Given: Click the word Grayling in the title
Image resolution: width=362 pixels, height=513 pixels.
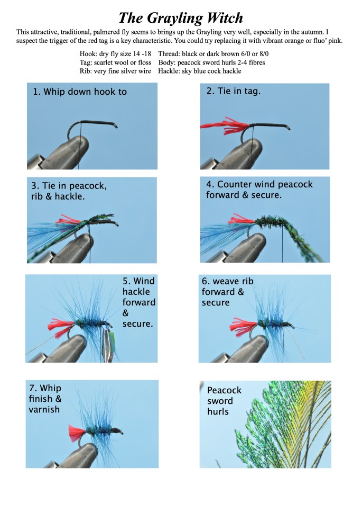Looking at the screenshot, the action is click(x=172, y=19).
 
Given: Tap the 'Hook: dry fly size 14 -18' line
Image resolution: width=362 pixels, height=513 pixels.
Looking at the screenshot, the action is click(x=115, y=53).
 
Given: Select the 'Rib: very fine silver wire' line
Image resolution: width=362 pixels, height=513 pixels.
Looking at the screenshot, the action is click(x=115, y=71).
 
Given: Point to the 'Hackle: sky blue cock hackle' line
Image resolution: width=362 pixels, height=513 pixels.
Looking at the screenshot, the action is click(x=200, y=71).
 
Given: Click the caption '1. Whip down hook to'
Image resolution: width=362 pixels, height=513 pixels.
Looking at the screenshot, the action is click(x=80, y=92).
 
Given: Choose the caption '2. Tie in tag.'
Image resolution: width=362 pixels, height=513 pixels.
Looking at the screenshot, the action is click(x=233, y=91).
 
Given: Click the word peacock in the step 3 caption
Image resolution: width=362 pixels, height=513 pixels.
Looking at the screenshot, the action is click(x=88, y=186).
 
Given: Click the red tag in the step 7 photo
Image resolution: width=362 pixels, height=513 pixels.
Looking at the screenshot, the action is click(x=77, y=433).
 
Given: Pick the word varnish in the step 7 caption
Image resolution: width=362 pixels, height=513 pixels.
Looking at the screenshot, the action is click(x=44, y=409).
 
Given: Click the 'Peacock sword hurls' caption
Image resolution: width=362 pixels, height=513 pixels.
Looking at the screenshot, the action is click(x=224, y=401).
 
